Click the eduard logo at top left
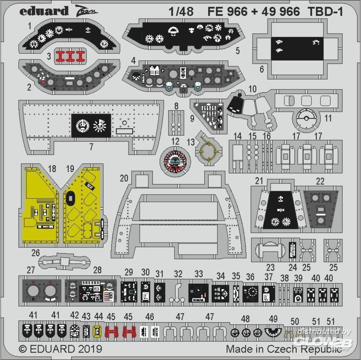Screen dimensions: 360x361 44,11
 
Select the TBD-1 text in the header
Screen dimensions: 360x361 325,12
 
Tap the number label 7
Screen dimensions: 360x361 91,146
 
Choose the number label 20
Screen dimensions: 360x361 124,178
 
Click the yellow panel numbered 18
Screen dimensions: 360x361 40,206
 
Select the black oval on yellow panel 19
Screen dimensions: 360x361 70,198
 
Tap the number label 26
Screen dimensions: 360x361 35,253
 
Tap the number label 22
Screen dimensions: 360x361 320,181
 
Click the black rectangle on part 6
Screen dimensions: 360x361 297,49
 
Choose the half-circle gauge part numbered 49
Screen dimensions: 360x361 274,332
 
